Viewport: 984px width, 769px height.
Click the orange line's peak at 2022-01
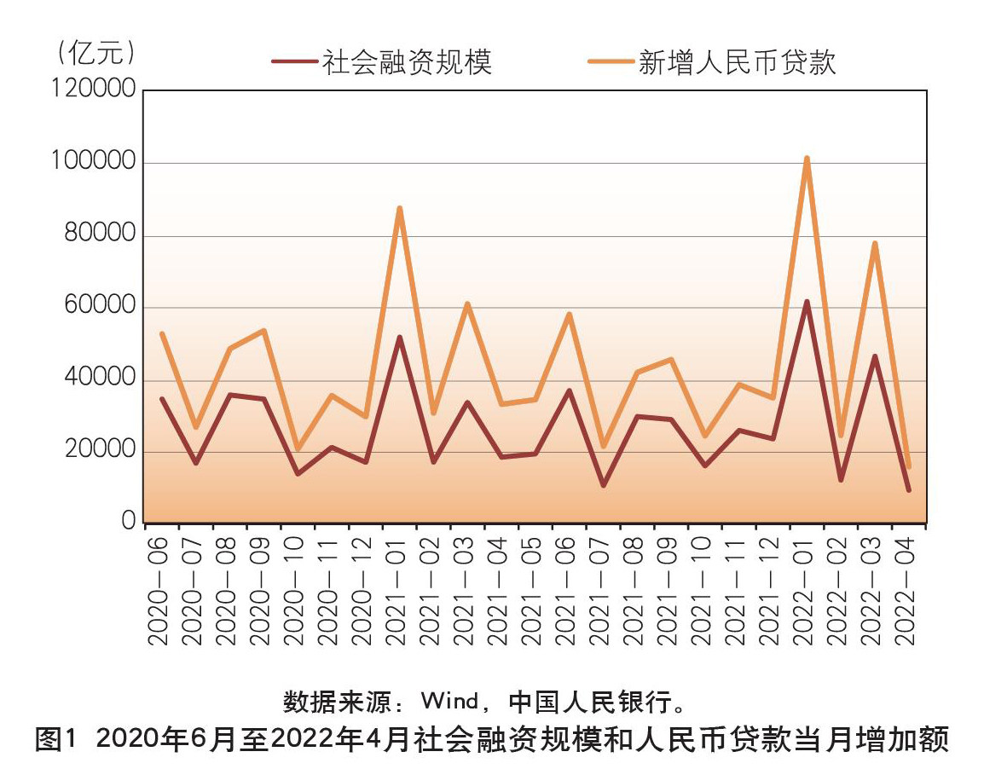806,159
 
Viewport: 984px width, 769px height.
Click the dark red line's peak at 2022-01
806,302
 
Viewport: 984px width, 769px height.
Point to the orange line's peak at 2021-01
399,208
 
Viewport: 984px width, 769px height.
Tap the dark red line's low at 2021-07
603,485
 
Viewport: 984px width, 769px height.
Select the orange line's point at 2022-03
874,244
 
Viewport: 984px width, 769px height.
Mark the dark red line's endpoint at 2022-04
909,489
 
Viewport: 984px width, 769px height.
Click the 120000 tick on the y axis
93,90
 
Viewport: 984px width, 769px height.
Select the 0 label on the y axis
129,522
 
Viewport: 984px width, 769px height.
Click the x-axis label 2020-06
159,589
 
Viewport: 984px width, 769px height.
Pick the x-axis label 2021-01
398,589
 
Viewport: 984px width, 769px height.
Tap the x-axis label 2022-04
908,589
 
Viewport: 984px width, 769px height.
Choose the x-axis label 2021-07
602,589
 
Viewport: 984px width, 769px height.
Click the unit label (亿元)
93,53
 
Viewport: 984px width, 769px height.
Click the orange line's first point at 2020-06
161,333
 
